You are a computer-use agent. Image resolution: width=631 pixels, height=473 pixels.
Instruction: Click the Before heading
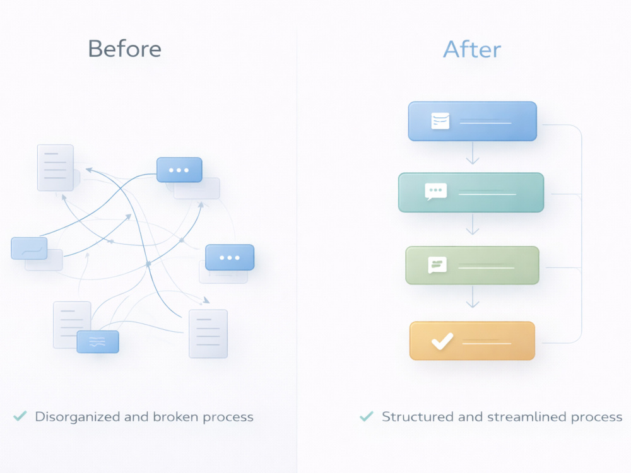point(125,49)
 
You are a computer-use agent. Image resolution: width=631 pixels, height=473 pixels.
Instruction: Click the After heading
point(472,49)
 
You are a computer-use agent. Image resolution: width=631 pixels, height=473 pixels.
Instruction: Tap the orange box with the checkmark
point(472,341)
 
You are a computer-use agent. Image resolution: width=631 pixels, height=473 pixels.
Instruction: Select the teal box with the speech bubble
point(471,192)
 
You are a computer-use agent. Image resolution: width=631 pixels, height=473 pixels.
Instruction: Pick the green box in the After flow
point(472,265)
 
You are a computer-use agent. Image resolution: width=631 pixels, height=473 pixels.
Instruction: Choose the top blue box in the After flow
point(473,121)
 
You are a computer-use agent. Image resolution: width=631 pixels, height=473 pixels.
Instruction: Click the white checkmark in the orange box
point(442,341)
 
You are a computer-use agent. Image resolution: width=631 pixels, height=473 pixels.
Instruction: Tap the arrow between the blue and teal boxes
point(473,153)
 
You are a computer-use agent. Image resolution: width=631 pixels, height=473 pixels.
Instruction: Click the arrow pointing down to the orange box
point(473,296)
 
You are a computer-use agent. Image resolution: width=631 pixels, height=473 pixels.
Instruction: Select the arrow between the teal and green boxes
point(473,224)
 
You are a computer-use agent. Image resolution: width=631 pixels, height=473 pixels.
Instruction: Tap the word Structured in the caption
point(418,417)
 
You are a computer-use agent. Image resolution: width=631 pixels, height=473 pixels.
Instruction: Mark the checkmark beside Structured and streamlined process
point(366,416)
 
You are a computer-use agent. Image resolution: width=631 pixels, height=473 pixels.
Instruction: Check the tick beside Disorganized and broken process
point(20,416)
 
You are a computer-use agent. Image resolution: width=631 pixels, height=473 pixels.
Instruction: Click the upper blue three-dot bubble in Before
point(179,170)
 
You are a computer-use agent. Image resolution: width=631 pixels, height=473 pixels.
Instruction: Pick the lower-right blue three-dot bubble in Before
point(230,257)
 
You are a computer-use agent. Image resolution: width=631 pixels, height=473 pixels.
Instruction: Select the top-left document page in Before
point(56,168)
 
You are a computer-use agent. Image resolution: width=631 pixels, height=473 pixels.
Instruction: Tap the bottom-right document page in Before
point(208,334)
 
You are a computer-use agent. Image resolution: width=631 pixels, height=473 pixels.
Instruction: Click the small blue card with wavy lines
point(98,342)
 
